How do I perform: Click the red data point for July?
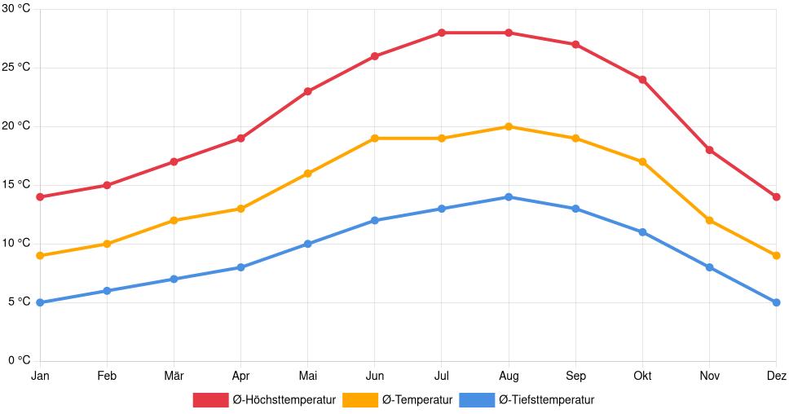[x=441, y=33]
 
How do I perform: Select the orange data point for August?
[x=509, y=126]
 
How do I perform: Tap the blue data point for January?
[x=40, y=302]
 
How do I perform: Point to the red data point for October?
[x=642, y=80]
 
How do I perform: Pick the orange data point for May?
[x=307, y=174]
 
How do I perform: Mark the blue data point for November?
[x=709, y=267]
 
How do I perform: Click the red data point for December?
[x=776, y=197]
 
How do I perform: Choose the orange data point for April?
[x=240, y=209]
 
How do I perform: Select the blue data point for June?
[x=374, y=220]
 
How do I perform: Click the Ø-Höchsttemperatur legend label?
[x=284, y=400]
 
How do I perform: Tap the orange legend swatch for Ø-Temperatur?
[x=359, y=400]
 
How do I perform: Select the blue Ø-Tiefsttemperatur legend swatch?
[x=477, y=400]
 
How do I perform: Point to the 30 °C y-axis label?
[x=15, y=9]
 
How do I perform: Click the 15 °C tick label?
[x=15, y=185]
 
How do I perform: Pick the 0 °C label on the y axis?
[x=19, y=361]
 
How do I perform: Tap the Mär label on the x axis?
[x=174, y=376]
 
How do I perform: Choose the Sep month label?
[x=575, y=376]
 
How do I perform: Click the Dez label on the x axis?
[x=776, y=376]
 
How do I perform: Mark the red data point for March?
[x=174, y=161]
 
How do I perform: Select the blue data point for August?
[x=509, y=197]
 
